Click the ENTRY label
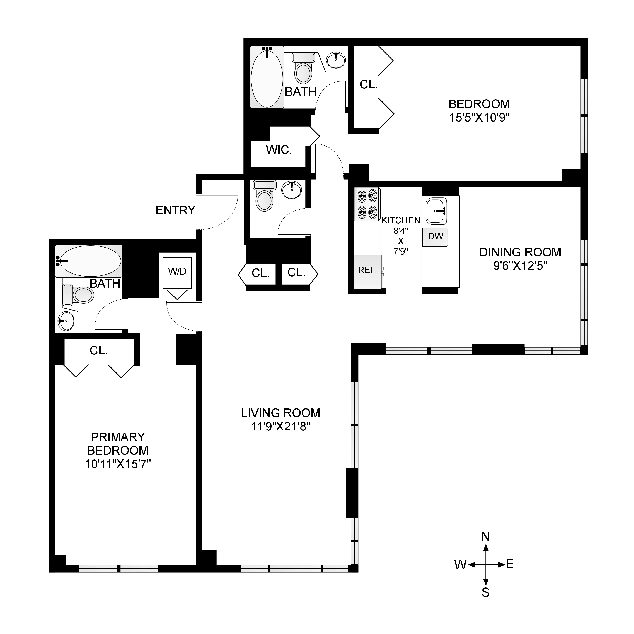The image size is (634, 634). point(175,210)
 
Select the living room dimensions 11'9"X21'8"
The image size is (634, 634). point(281,427)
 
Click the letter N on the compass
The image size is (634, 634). point(485,537)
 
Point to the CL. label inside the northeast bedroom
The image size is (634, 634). point(369,85)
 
